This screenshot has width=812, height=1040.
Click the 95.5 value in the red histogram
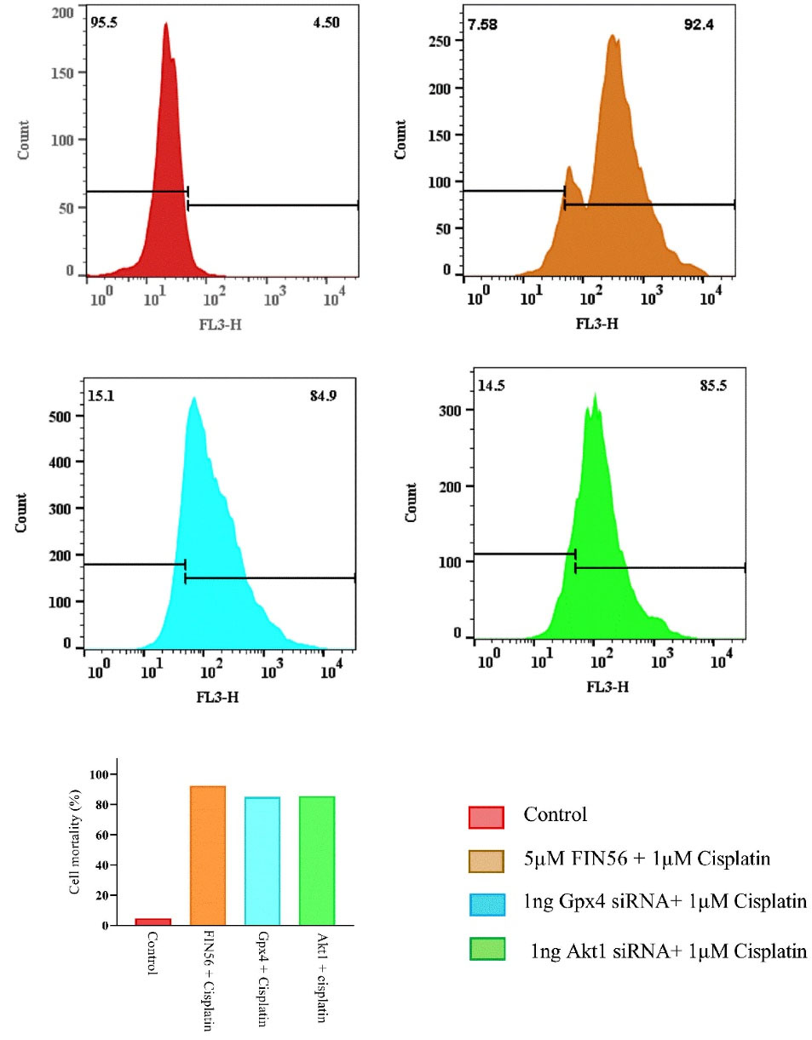tap(103, 20)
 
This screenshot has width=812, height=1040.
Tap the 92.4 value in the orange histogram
tap(703, 25)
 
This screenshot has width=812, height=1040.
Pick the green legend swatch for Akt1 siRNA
tap(487, 949)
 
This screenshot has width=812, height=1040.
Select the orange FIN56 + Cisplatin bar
tap(208, 855)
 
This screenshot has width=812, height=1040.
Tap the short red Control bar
tap(153, 922)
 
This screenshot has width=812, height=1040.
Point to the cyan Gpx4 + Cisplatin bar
tap(262, 860)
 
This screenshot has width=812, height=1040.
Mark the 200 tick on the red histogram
tap(64, 13)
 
